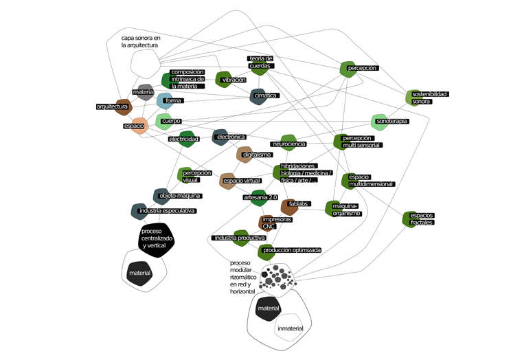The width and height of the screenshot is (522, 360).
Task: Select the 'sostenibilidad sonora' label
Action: coord(429,98)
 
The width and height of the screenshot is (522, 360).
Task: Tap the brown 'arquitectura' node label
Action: coord(113,106)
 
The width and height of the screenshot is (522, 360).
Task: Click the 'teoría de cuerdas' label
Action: coord(261,63)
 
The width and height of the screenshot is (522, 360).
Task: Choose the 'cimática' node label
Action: coord(265,95)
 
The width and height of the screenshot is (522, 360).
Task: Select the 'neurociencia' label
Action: coord(288,144)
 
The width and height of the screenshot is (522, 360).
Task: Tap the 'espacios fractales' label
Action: coord(422,219)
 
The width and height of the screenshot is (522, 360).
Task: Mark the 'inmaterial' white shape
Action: coord(290,328)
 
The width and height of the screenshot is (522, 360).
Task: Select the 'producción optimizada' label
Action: coord(291,251)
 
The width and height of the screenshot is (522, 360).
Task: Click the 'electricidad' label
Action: coord(183,139)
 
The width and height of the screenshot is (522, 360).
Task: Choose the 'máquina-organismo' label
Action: coord(345,210)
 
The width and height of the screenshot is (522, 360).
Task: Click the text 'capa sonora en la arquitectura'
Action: coord(140,41)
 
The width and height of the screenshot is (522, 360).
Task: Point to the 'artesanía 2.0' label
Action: coord(260,198)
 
